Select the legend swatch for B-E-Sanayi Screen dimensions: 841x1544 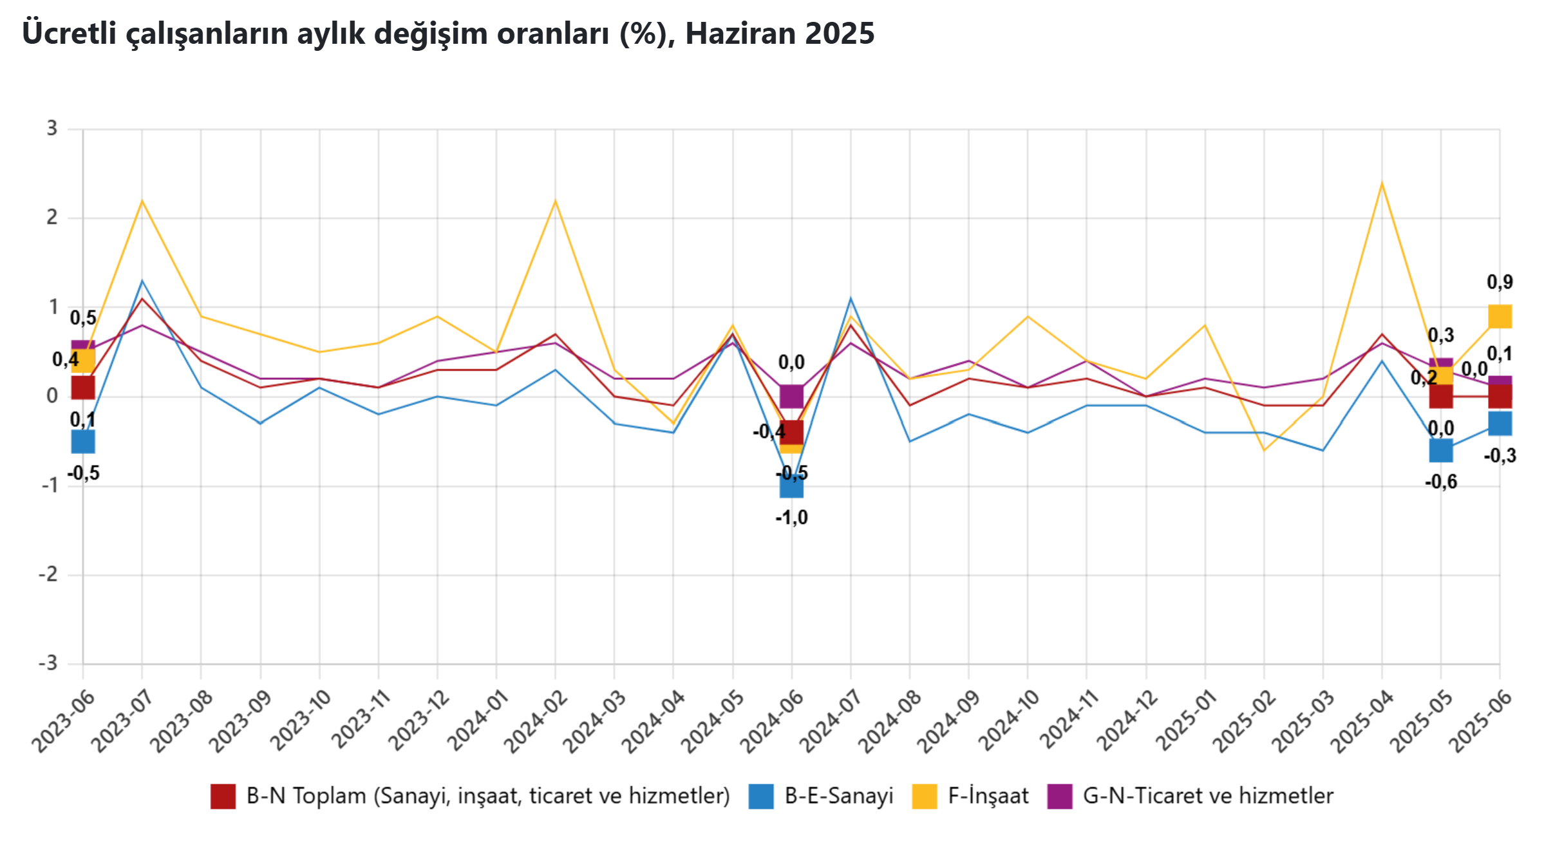(x=760, y=796)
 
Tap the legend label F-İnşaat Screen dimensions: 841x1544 (x=988, y=796)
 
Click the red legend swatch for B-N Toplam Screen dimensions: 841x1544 (x=223, y=796)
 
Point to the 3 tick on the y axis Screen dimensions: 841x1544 (x=52, y=129)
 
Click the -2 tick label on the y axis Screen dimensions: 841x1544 (x=48, y=574)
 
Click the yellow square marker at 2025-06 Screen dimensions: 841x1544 (x=1500, y=317)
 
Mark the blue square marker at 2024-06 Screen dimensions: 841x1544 (x=791, y=486)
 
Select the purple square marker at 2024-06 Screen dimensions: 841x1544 (x=791, y=397)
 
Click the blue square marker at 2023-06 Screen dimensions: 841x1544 (x=83, y=442)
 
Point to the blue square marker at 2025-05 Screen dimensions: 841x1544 (x=1441, y=450)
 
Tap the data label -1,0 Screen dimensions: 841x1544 (x=791, y=518)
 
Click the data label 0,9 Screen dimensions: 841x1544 (x=1500, y=282)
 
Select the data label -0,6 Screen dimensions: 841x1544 (x=1441, y=482)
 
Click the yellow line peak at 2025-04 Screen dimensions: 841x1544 (x=1382, y=184)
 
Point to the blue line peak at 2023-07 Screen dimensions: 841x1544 (x=142, y=281)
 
